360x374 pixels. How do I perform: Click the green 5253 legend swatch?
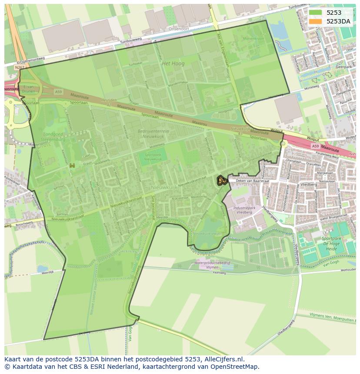[x=316, y=13]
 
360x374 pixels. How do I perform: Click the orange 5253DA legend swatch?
[x=316, y=21]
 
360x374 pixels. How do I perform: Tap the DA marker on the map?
[x=222, y=180]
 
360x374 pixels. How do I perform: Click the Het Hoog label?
[x=173, y=63]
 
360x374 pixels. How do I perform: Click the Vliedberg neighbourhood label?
[x=308, y=184]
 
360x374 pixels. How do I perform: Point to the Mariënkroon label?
[x=253, y=39]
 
